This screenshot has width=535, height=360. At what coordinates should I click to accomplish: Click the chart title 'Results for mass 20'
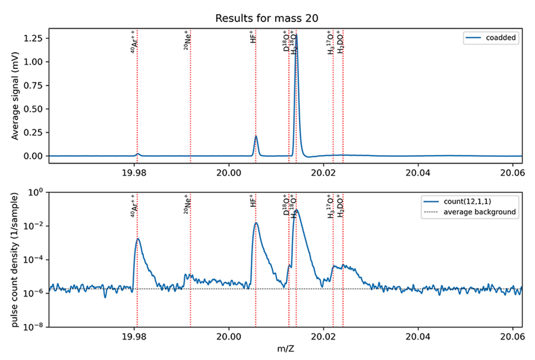(x=267, y=18)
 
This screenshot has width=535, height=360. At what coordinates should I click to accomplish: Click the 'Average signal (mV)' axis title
(x=15, y=95)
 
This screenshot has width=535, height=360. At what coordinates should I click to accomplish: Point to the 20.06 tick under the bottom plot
(x=512, y=336)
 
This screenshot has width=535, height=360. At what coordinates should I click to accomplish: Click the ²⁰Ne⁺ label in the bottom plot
(x=187, y=201)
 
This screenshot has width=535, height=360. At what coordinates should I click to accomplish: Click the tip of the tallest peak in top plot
(x=297, y=36)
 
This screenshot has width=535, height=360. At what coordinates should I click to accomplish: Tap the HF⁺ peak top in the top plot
(x=256, y=136)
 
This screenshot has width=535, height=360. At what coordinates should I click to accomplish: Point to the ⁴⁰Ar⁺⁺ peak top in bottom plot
(x=137, y=239)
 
